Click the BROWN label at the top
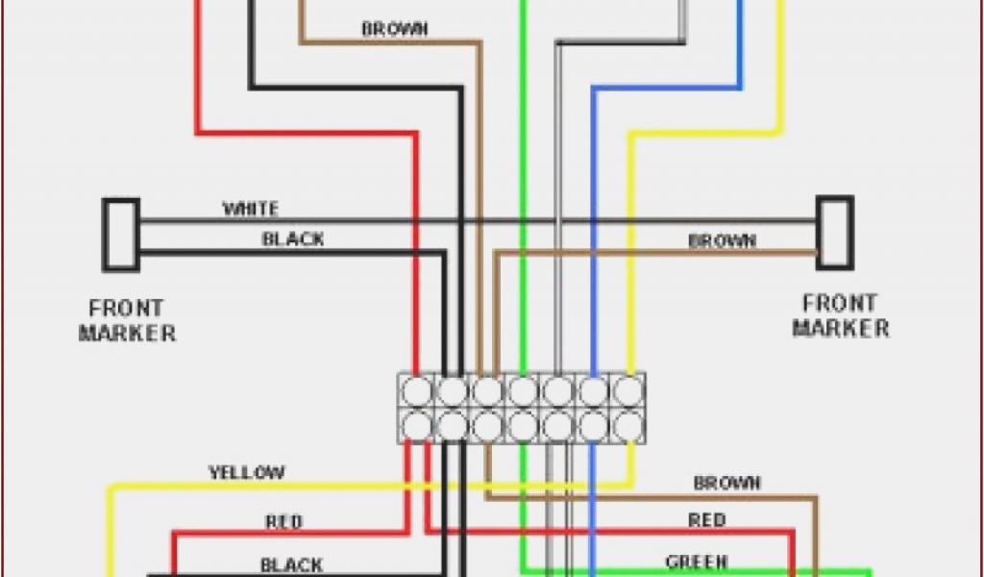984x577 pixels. coord(394,29)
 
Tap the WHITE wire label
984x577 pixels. coord(250,208)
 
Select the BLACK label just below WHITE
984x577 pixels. coord(293,238)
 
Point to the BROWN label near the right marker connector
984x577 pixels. coord(722,240)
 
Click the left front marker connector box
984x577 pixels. coord(121,234)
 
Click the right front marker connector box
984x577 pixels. coord(834,232)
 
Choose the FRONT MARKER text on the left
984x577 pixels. coord(127,321)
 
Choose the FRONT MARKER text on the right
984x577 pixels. coord(841,315)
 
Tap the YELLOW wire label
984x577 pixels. coord(246,472)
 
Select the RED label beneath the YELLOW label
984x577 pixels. coord(283,522)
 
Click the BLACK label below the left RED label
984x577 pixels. coord(292,564)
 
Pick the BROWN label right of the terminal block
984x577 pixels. coord(726,483)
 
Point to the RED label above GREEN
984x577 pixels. coord(706,520)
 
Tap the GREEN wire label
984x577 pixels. coord(697,562)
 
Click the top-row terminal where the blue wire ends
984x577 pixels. coord(593,390)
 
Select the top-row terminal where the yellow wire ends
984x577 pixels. coord(627,390)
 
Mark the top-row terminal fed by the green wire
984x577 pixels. coord(523,390)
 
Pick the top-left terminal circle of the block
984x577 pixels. coord(417,390)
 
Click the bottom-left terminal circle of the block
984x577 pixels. coord(417,424)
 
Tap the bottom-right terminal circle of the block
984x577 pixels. coord(627,424)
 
